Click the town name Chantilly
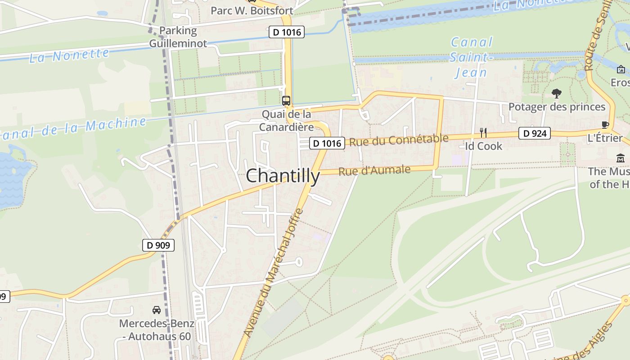pyautogui.click(x=283, y=176)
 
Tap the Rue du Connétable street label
pyautogui.click(x=399, y=140)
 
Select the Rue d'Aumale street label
pyautogui.click(x=374, y=171)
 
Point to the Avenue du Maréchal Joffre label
pyautogui.click(x=274, y=272)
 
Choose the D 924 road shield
pyautogui.click(x=534, y=133)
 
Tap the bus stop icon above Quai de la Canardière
pyautogui.click(x=286, y=101)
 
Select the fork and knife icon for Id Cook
pyautogui.click(x=483, y=132)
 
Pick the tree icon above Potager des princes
pyautogui.click(x=557, y=94)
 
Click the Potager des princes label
pyautogui.click(x=557, y=107)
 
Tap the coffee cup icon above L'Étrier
pyautogui.click(x=605, y=125)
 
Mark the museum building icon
pyautogui.click(x=621, y=158)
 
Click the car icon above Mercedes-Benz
pyautogui.click(x=157, y=310)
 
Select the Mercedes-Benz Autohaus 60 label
pyautogui.click(x=157, y=330)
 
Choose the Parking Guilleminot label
pyautogui.click(x=178, y=37)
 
